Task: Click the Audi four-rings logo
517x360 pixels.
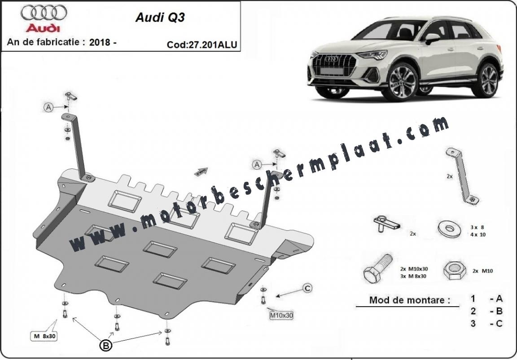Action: pyautogui.click(x=44, y=13)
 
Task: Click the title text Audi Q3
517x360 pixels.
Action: pyautogui.click(x=160, y=18)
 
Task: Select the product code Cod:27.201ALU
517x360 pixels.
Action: pyautogui.click(x=202, y=45)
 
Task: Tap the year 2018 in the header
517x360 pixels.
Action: pyautogui.click(x=100, y=42)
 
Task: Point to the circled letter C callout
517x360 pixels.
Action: pyautogui.click(x=307, y=289)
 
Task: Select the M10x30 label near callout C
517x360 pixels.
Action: pyautogui.click(x=281, y=316)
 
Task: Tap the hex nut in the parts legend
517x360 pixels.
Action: pyautogui.click(x=455, y=271)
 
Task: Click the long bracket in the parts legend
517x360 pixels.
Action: pyautogui.click(x=462, y=177)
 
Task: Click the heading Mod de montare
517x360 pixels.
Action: pyautogui.click(x=410, y=300)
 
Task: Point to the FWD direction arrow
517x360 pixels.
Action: pyautogui.click(x=201, y=172)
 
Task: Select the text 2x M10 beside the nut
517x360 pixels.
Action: pyautogui.click(x=483, y=271)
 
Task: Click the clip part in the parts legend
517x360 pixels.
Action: pyautogui.click(x=386, y=224)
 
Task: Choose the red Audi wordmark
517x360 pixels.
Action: pyautogui.click(x=43, y=28)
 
